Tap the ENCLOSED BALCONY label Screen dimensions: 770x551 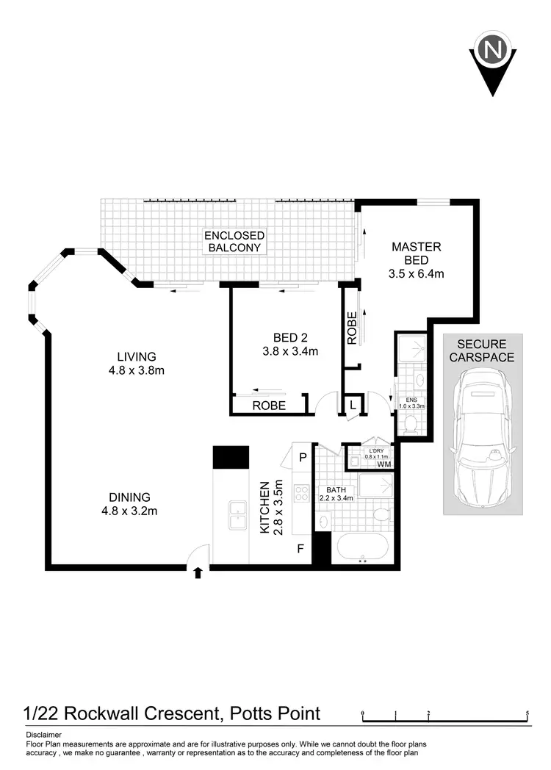[x=234, y=241]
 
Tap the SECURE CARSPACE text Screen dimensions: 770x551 [x=486, y=350]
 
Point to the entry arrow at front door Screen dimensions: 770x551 [x=197, y=572]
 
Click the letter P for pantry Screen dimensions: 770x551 [x=302, y=457]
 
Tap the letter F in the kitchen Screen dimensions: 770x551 [x=300, y=547]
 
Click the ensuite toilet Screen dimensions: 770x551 [x=410, y=422]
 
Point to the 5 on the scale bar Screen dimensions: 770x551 [x=527, y=712]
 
